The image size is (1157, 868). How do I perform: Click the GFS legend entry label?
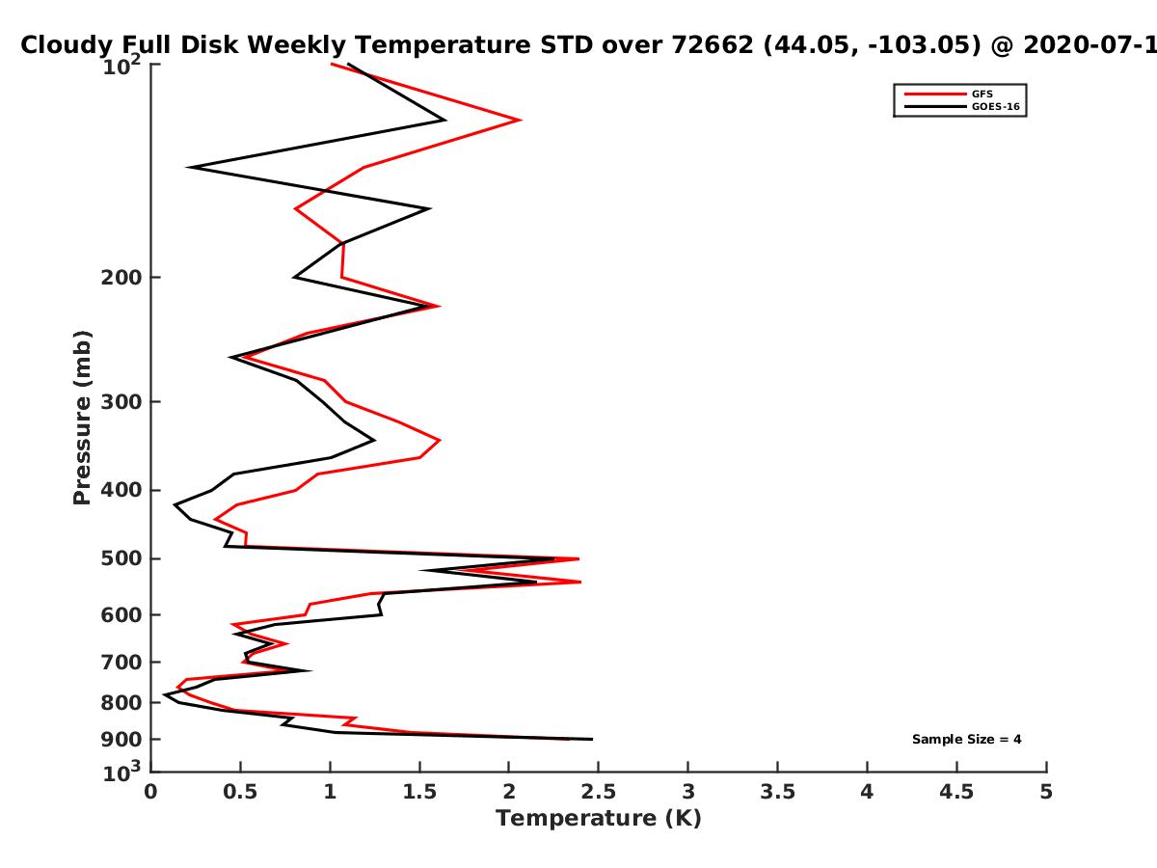coord(982,94)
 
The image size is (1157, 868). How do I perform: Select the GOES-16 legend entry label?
coord(996,106)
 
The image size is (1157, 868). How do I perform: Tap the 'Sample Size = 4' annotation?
coord(967,740)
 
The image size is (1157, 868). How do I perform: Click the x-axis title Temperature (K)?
coord(599,819)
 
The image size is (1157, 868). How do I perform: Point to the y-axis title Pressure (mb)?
coord(82,418)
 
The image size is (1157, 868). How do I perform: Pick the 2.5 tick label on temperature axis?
coord(599,792)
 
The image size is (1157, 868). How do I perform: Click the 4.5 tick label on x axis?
coord(956,792)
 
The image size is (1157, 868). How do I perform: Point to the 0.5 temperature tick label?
coord(240,792)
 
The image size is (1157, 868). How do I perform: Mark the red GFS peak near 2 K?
coord(521,120)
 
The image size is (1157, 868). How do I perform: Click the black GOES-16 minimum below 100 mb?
coord(189,168)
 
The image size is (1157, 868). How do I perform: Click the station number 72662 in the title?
coord(713,45)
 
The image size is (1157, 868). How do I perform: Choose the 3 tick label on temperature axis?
coord(687,792)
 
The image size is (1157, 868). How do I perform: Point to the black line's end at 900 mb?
coord(592,740)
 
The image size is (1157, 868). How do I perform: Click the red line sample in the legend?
coord(935,94)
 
